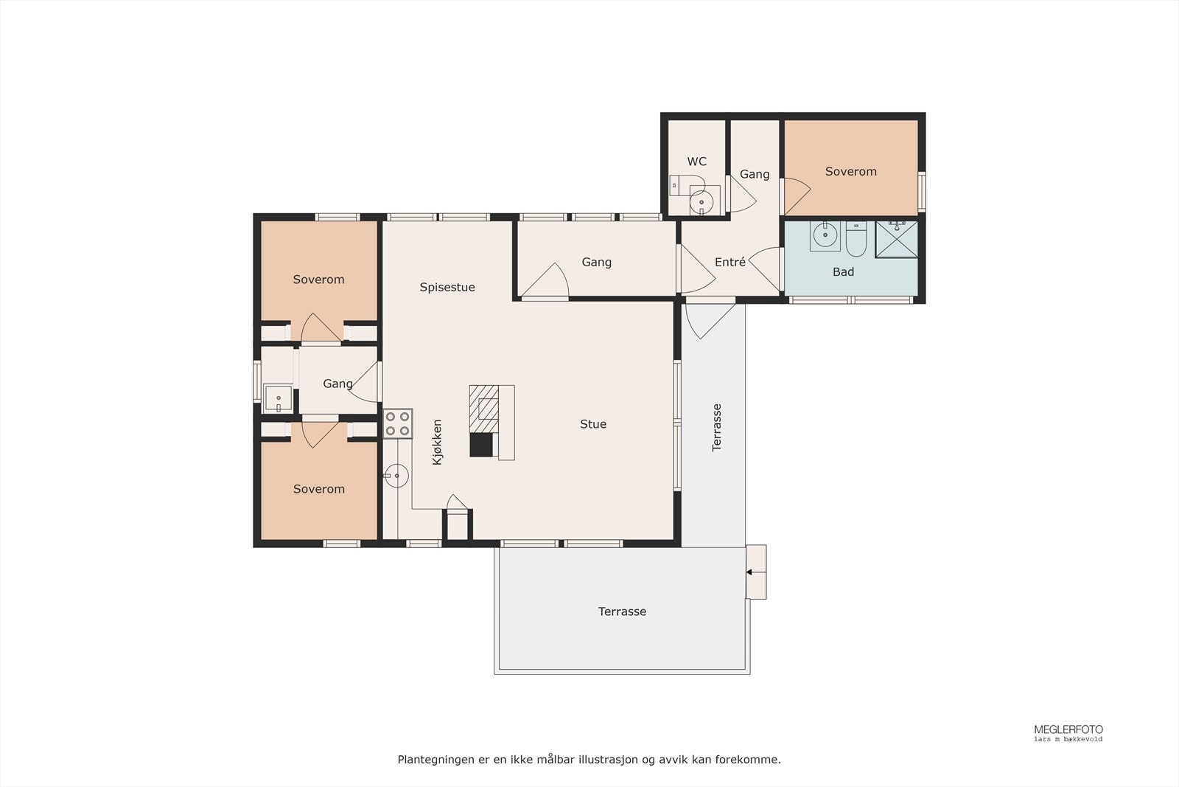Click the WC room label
click(x=696, y=162)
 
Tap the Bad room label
click(x=843, y=272)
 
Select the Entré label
click(x=730, y=262)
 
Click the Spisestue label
click(x=447, y=287)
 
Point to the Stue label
click(x=593, y=424)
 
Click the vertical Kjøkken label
click(x=437, y=442)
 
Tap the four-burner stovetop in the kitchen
click(x=397, y=423)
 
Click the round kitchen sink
click(x=396, y=476)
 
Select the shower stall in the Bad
click(x=896, y=239)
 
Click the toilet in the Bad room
click(x=856, y=239)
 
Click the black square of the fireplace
click(x=481, y=445)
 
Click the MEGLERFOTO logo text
click(x=1068, y=729)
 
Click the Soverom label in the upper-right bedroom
click(x=850, y=171)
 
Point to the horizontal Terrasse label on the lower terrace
click(x=622, y=611)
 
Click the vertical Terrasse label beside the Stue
click(x=716, y=428)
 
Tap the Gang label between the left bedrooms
click(x=337, y=384)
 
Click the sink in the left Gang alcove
click(x=278, y=398)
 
